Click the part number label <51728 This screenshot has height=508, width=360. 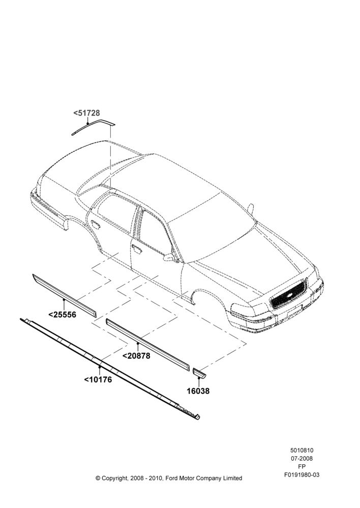86,113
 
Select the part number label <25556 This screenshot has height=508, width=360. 62,314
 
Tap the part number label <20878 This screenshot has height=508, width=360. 136,356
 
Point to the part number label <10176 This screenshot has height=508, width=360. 98,379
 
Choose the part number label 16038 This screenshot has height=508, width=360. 198,391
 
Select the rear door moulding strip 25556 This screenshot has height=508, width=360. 64,296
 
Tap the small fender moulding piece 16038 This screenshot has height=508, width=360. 199,373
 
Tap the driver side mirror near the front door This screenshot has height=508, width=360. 170,258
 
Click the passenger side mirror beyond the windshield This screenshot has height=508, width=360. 250,208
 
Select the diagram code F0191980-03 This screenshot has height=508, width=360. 302,474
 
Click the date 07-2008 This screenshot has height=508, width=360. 302,458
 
